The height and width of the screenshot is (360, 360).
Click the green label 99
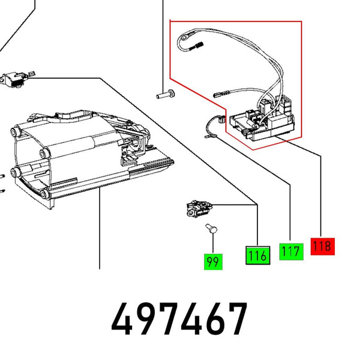point(212,262)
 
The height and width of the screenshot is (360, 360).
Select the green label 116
point(257,255)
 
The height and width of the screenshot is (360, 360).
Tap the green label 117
point(290,251)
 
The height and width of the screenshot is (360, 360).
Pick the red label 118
point(322,245)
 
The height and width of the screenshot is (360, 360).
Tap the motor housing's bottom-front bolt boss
point(46,193)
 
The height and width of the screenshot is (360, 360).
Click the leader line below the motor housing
point(100,234)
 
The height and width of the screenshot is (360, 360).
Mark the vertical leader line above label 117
point(290,210)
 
